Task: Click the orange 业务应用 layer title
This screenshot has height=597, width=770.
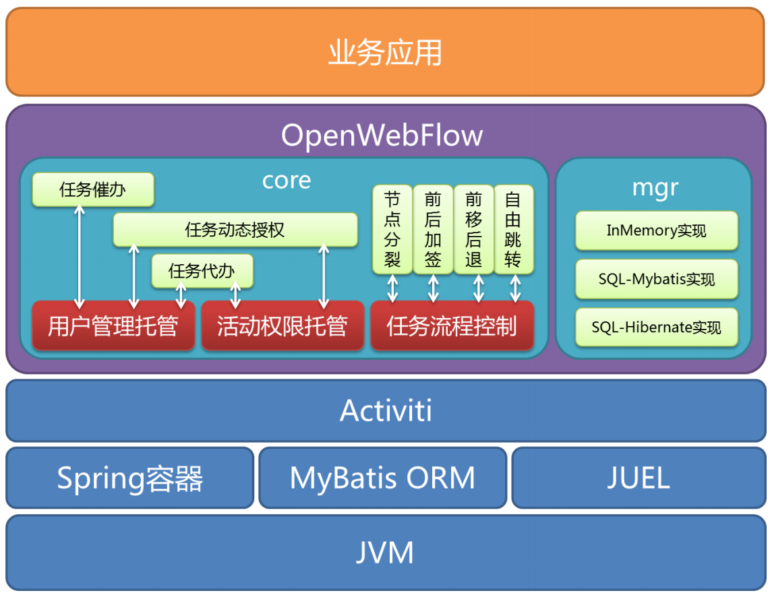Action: [x=384, y=53]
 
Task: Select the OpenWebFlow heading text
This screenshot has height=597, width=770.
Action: [x=382, y=135]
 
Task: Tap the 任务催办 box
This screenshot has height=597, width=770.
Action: [x=93, y=190]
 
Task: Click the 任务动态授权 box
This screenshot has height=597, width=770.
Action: [x=235, y=230]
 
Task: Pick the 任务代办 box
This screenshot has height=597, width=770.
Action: [x=202, y=271]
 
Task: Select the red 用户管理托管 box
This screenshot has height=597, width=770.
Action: [x=113, y=326]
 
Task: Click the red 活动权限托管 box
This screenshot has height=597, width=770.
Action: [x=282, y=326]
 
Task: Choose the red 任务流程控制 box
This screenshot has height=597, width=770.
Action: [x=452, y=326]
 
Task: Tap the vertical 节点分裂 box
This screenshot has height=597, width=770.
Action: [x=392, y=229]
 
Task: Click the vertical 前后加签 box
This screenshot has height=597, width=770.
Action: [x=433, y=229]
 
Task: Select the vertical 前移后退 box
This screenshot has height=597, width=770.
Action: [x=473, y=229]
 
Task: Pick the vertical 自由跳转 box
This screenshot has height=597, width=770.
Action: [x=513, y=229]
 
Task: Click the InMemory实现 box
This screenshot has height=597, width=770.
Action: [x=656, y=231]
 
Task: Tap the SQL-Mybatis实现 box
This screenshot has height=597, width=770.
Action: [x=656, y=279]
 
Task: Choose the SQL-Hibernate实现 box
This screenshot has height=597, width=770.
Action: [x=656, y=327]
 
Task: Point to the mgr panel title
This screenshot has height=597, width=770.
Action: [x=655, y=188]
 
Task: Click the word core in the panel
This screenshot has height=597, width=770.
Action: [x=287, y=181]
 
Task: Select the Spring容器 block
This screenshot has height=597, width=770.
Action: [x=129, y=478]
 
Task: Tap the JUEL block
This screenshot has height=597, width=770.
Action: [x=638, y=478]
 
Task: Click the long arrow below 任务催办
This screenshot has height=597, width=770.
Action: [x=80, y=255]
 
